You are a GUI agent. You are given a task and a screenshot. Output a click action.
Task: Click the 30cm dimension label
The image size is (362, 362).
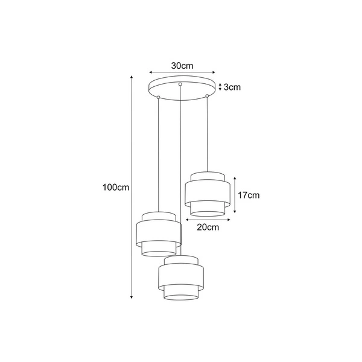point(181,66)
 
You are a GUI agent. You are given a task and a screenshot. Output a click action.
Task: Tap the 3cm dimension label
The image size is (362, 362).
point(232,87)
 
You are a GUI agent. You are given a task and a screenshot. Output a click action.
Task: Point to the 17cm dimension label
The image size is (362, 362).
point(249,195)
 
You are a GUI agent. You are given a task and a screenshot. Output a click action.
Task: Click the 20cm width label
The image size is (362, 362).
point(208,227)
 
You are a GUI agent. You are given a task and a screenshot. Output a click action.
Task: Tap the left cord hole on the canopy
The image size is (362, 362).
point(158,96)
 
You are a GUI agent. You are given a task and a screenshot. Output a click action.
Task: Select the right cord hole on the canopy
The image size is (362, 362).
point(207,95)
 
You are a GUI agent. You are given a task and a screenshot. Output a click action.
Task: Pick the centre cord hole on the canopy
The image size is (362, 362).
point(180,84)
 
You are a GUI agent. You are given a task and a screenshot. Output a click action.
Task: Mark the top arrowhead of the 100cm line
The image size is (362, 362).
point(132,77)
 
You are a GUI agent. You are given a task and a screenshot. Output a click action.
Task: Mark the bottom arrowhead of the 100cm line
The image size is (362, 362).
point(132,297)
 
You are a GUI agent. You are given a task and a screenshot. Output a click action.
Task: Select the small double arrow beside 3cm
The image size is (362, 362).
point(220,86)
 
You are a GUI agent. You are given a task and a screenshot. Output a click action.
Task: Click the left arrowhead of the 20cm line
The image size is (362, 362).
point(186,220)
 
